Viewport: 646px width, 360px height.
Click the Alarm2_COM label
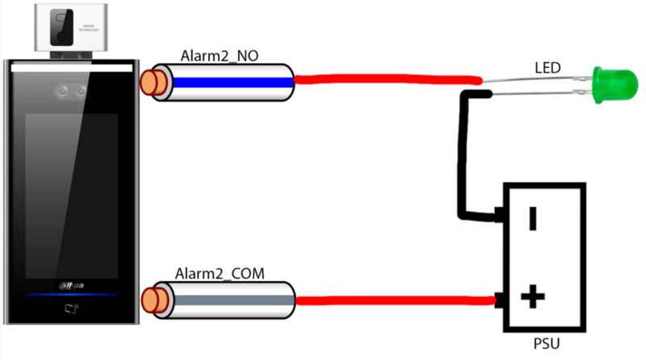click(225, 271)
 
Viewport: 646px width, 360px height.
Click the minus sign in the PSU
click(533, 219)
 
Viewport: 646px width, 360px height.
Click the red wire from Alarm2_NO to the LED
click(388, 79)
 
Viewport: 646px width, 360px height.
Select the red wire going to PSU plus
click(396, 301)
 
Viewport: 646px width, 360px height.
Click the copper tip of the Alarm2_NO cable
click(149, 82)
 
